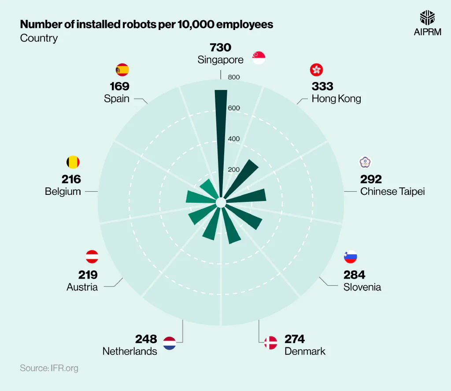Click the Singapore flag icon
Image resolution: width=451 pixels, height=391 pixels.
click(259, 58)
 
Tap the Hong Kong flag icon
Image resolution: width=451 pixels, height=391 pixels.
click(316, 70)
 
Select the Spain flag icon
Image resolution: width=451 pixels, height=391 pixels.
click(122, 70)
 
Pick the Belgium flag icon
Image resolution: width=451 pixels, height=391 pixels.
click(73, 162)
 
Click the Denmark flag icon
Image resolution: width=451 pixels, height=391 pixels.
click(270, 343)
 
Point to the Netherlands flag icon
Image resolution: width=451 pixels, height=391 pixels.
click(170, 343)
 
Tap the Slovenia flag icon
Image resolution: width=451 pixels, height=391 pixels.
click(350, 257)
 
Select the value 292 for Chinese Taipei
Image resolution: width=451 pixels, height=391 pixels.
click(371, 179)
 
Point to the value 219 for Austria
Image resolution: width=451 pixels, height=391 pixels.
click(88, 275)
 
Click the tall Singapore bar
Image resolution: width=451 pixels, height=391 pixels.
click(221, 132)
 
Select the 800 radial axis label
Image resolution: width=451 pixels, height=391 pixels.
click(234, 78)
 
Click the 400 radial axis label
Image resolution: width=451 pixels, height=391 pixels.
click(234, 139)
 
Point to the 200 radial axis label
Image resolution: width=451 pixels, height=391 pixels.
click(234, 170)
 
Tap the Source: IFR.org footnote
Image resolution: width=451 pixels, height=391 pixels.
click(49, 368)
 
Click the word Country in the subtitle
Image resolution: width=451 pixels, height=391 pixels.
click(39, 38)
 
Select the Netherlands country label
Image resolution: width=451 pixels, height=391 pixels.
click(129, 351)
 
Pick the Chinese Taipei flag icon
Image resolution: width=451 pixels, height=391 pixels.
click(366, 162)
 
